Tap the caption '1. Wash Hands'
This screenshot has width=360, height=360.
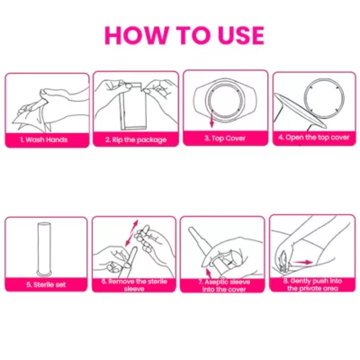coord(44,139)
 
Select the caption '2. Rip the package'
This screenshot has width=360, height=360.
coord(136,139)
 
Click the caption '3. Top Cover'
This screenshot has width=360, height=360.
coord(225,139)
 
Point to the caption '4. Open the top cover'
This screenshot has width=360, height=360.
coord(314,138)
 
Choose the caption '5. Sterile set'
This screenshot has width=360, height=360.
coord(46,284)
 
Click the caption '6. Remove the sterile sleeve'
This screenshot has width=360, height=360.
coord(134,285)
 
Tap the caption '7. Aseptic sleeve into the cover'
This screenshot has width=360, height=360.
coord(224,285)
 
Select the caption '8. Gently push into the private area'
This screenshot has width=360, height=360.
coord(313,284)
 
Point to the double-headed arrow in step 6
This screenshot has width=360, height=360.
coord(131,233)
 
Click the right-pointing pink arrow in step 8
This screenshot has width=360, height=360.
coord(303,262)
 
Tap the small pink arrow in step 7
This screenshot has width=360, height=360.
coord(208,274)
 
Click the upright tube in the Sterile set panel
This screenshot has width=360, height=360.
coord(45,248)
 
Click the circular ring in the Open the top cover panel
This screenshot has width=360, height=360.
coord(323,98)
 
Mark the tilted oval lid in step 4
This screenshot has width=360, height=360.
coord(299,111)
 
